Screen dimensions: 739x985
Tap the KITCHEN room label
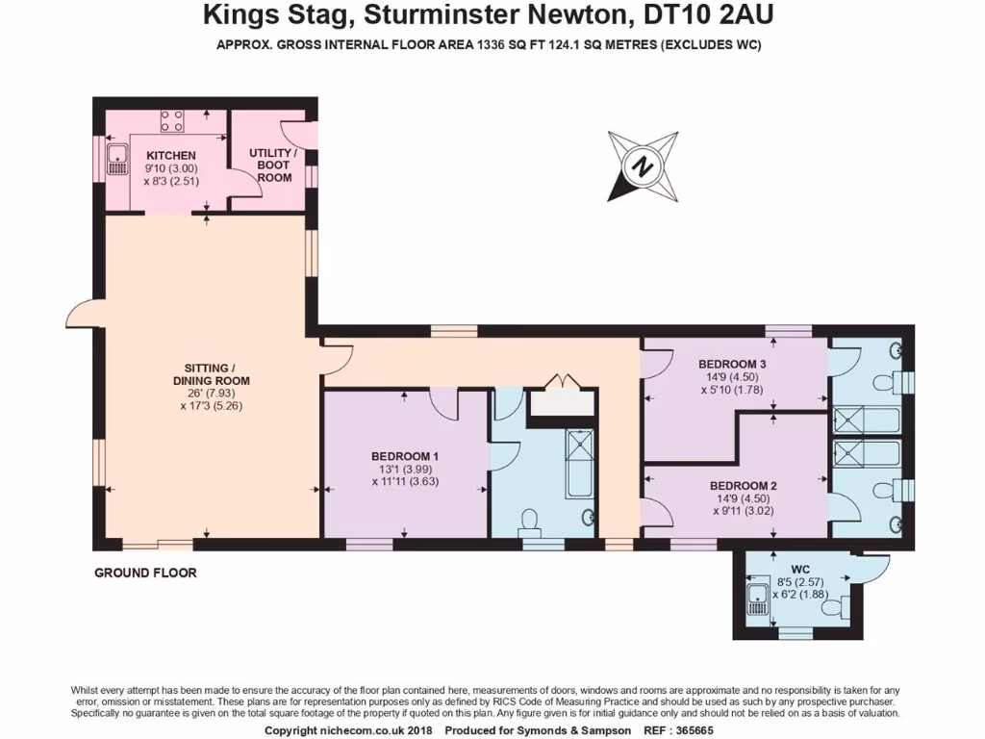[x=170, y=156]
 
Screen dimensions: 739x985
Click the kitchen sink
[x=118, y=160]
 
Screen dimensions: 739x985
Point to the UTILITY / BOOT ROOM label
[x=273, y=165]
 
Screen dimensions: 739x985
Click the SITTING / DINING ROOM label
[x=212, y=374]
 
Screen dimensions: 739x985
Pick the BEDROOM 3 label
[x=732, y=364]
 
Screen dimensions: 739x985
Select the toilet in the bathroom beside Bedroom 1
[x=528, y=524]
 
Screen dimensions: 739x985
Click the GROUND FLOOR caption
[x=145, y=573]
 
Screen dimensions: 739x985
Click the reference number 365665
[x=708, y=731]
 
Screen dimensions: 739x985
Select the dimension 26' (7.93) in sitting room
[x=212, y=393]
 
